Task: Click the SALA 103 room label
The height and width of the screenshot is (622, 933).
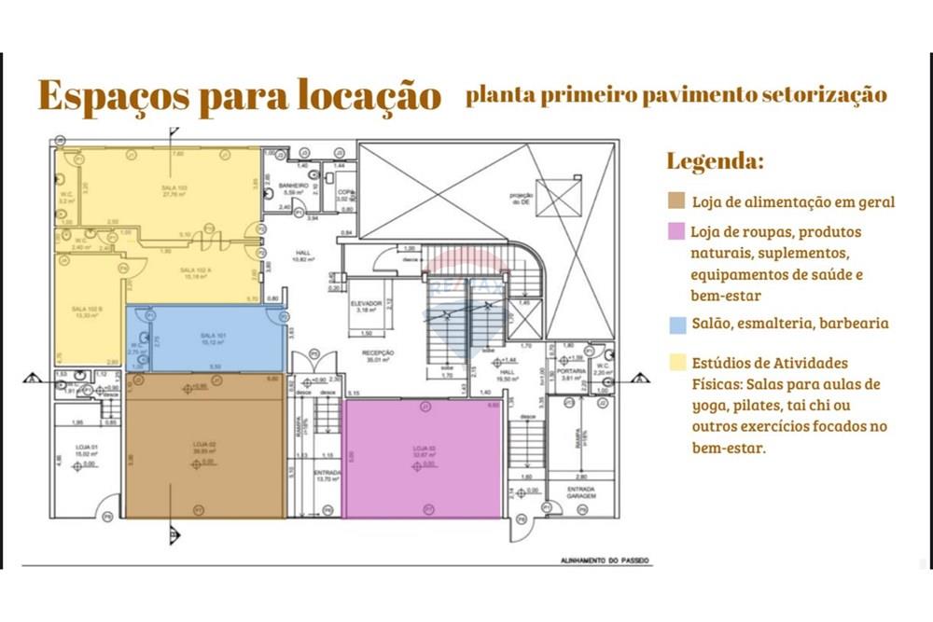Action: (174, 187)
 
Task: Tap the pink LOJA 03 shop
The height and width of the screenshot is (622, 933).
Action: (425, 457)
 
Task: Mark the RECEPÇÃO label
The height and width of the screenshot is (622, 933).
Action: (380, 353)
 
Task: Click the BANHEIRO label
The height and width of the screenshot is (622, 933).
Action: (293, 187)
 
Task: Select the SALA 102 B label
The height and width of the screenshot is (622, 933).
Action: (87, 309)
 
